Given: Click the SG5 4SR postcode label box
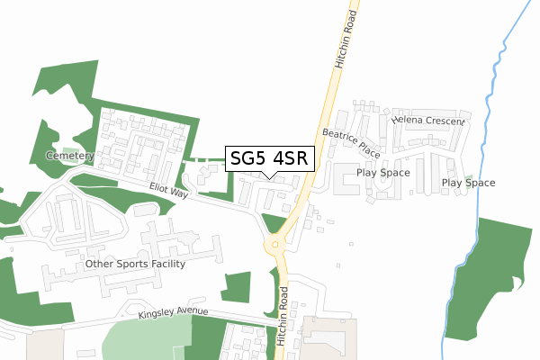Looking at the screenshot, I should tap(269, 158).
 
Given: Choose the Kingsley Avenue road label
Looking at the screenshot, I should tap(173, 313).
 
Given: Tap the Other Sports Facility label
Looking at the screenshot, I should tap(134, 265).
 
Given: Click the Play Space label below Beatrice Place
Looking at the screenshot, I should tap(382, 173).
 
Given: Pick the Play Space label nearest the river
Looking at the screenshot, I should tap(468, 183).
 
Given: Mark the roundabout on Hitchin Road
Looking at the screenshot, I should tap(274, 244).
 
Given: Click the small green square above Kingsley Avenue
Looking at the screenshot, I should tap(235, 287).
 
